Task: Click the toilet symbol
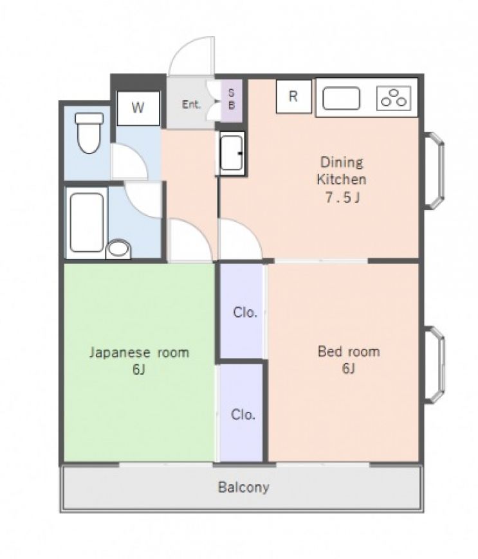tap(89, 132)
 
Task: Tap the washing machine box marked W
tap(138, 108)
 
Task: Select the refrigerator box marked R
tap(293, 96)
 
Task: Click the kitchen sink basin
tap(341, 98)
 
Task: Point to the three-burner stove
tap(394, 98)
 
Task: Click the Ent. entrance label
tap(191, 105)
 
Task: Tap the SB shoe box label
tap(232, 99)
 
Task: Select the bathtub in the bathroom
tap(87, 222)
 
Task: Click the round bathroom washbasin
tap(118, 248)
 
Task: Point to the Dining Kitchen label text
tap(342, 171)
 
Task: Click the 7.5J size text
tap(342, 197)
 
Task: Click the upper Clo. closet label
tap(245, 313)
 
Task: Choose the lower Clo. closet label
tap(243, 414)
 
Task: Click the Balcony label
tap(243, 487)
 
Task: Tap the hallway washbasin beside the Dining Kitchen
tap(232, 154)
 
